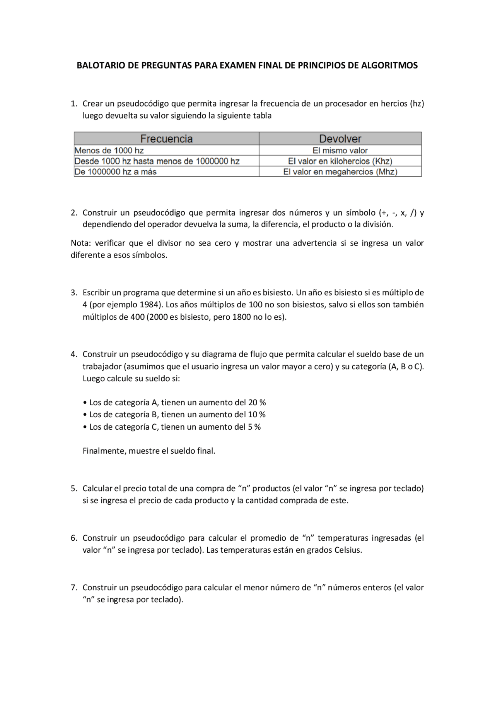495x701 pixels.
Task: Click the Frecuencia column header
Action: [166, 139]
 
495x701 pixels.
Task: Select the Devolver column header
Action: [340, 139]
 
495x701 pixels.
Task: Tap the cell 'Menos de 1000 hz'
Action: [109, 151]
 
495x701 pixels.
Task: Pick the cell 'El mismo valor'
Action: [340, 151]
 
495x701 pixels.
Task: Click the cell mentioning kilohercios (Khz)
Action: [340, 161]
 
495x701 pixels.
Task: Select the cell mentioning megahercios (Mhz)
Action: [340, 172]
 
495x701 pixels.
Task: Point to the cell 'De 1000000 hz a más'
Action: [115, 172]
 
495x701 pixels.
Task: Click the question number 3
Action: [73, 293]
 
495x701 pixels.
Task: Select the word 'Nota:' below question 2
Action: [80, 243]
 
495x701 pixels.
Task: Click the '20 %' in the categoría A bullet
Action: [257, 403]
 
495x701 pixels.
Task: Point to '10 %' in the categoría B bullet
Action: [257, 415]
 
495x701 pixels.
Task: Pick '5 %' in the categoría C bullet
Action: [254, 427]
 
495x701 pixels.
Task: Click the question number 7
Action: [73, 588]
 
